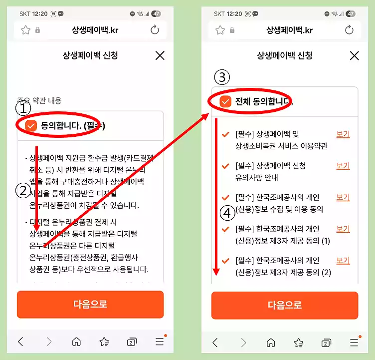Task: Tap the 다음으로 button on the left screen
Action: tap(90, 304)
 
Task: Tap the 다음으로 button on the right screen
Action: tap(285, 305)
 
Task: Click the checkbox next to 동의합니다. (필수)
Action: tap(31, 126)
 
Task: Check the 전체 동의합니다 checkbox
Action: tap(225, 102)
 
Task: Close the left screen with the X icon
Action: tap(160, 55)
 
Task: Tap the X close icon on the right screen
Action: tap(354, 55)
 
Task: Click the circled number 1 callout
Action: tap(23, 108)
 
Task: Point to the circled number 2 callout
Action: tap(23, 191)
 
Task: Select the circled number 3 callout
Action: tap(222, 77)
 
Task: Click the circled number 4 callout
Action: tap(227, 213)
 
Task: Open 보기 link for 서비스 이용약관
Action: tap(343, 134)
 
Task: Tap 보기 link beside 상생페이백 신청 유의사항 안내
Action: tap(343, 166)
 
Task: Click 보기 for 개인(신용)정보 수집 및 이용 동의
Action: tap(343, 197)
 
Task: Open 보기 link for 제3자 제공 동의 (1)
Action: tap(343, 229)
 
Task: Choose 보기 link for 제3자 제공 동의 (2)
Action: tap(343, 260)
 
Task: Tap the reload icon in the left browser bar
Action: tap(155, 30)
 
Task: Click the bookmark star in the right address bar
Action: tap(220, 30)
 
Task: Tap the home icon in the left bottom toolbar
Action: tap(76, 342)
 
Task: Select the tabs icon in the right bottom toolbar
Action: tap(326, 342)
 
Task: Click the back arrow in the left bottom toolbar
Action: tap(20, 342)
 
